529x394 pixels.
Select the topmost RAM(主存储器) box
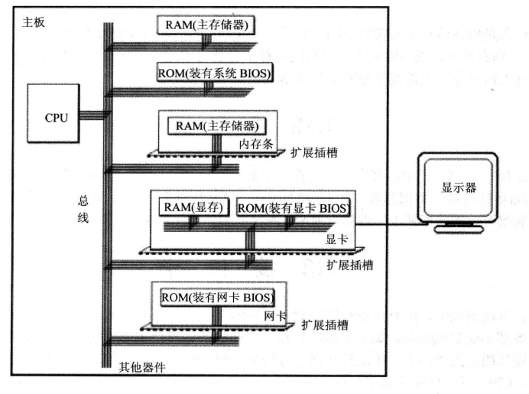coord(206,24)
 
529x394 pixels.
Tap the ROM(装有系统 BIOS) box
coord(213,73)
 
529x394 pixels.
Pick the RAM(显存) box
coord(191,207)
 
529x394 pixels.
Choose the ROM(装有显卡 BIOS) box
coord(293,207)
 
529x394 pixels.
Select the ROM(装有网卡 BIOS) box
coord(217,297)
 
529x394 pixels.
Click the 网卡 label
coord(274,315)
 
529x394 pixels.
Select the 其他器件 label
coord(141,367)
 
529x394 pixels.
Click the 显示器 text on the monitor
coord(459,187)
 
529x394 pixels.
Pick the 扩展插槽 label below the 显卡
coord(349,265)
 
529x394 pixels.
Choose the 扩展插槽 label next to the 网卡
coord(325,324)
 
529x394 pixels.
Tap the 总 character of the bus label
coord(83,200)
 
